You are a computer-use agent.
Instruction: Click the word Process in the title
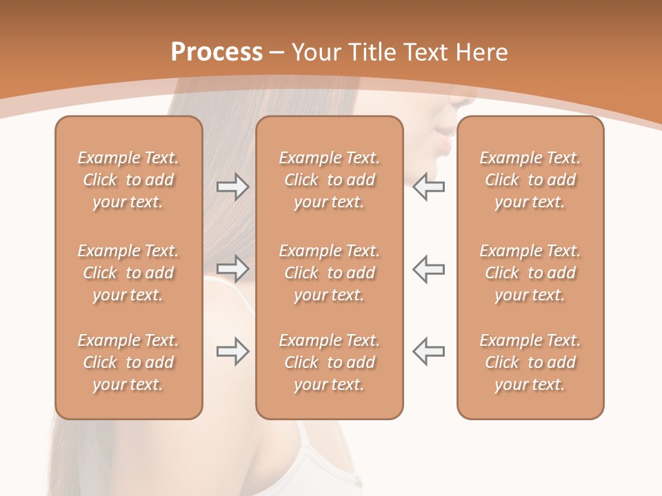(217, 52)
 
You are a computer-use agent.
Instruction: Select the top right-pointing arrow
(232, 187)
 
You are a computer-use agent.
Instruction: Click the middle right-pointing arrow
(232, 269)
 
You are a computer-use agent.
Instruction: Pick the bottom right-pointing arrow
(232, 351)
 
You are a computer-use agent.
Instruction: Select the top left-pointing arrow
(428, 187)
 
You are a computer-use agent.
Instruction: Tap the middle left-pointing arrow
(428, 269)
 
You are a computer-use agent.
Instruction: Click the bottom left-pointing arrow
(428, 351)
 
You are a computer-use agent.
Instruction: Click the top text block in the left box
(128, 180)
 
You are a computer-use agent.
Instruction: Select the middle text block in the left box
(128, 273)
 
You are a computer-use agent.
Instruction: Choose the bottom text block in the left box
(128, 362)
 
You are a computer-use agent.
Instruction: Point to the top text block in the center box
(329, 180)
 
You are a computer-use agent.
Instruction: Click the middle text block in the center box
(329, 273)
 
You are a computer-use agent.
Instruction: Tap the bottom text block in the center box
(329, 362)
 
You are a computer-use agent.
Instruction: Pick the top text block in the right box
(530, 180)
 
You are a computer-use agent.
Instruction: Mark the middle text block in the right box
(530, 273)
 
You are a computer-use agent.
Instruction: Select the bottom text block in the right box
(530, 362)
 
